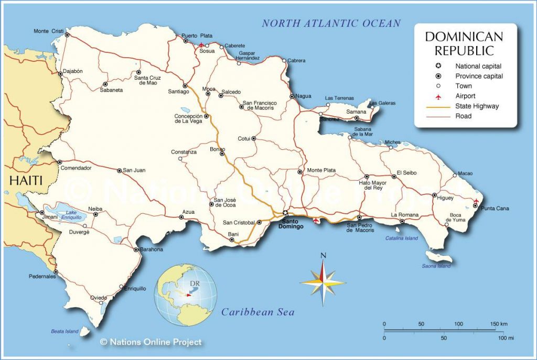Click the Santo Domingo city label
pos(291,223)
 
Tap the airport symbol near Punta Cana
pos(476,201)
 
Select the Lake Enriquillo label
pos(70,215)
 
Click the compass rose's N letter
pos(323,256)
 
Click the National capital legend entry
pos(478,66)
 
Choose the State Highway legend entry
pos(477,106)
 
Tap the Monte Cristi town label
pos(48,31)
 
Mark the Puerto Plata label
pos(193,36)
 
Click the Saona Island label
pos(436,266)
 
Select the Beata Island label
pos(65,331)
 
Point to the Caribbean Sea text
pos(257,312)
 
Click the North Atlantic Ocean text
pos(331,23)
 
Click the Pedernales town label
pos(42,277)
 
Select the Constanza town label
pos(184,152)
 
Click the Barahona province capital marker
pos(136,249)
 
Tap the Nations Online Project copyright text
pos(151,342)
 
